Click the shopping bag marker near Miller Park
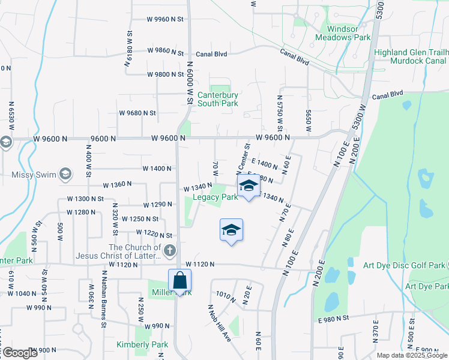pyautogui.click(x=179, y=280)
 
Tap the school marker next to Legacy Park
pyautogui.click(x=249, y=185)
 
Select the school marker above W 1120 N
pyautogui.click(x=231, y=230)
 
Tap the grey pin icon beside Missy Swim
pyautogui.click(x=65, y=175)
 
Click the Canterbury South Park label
pyautogui.click(x=218, y=99)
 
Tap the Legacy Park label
pyautogui.click(x=215, y=197)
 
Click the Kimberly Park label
pyautogui.click(x=143, y=344)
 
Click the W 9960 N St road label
pyautogui.click(x=165, y=19)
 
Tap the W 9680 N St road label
pyautogui.click(x=137, y=112)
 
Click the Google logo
pyautogui.click(x=19, y=353)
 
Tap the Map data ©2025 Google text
pyautogui.click(x=411, y=355)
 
